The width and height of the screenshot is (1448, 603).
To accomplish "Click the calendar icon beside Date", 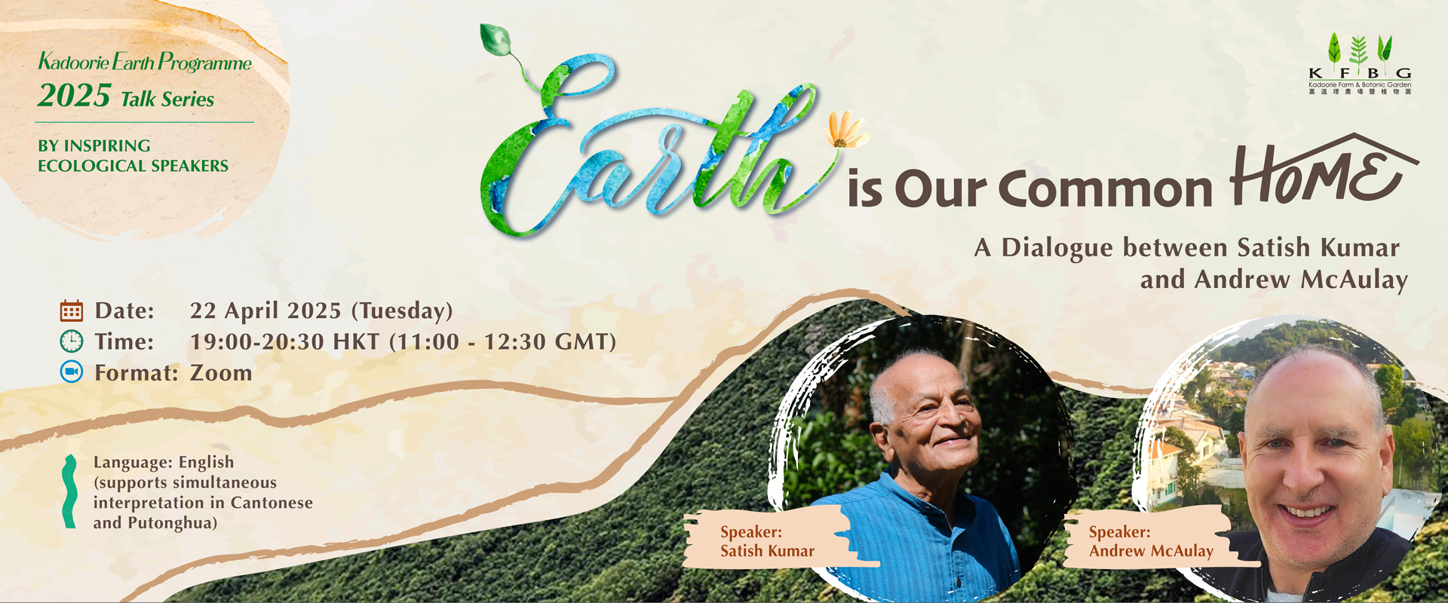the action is [72, 311].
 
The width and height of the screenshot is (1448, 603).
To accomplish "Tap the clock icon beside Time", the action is [72, 341].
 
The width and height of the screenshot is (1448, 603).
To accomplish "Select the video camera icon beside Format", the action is [72, 372].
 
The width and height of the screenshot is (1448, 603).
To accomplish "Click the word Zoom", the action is [221, 372].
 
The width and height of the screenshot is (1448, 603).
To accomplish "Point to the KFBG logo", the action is [1360, 64].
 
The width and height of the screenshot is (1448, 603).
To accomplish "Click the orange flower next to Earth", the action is [846, 130].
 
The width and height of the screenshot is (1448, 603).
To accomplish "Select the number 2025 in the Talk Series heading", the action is [75, 96].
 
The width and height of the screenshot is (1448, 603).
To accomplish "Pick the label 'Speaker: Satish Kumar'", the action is [767, 541].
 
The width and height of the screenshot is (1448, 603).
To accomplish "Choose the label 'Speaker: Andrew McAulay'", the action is [1151, 541].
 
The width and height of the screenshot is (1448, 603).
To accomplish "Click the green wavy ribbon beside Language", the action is [69, 491].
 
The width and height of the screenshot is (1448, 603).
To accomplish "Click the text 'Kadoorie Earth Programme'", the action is [145, 62].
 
